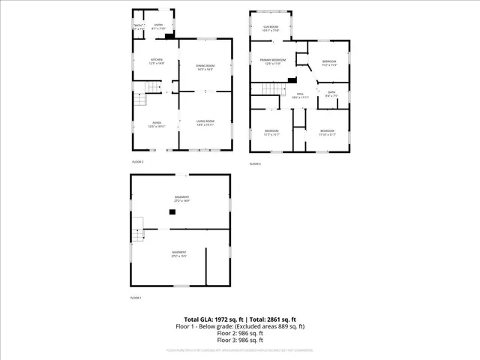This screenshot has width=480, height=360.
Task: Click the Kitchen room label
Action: click(x=157, y=61)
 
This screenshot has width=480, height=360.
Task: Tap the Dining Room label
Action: click(x=205, y=67)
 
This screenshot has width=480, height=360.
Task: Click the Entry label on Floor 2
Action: click(x=158, y=26)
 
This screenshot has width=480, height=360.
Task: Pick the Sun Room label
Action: click(x=271, y=28)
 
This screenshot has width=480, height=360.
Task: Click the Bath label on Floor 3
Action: click(x=331, y=94)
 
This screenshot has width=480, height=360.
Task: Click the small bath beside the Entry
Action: click(x=139, y=27)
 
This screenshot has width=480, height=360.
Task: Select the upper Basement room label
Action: click(x=181, y=199)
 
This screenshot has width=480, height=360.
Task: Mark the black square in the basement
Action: click(x=172, y=212)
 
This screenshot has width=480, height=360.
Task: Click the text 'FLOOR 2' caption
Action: click(x=137, y=161)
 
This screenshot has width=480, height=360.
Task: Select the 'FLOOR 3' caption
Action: click(x=256, y=163)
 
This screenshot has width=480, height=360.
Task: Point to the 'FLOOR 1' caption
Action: click(x=136, y=298)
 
